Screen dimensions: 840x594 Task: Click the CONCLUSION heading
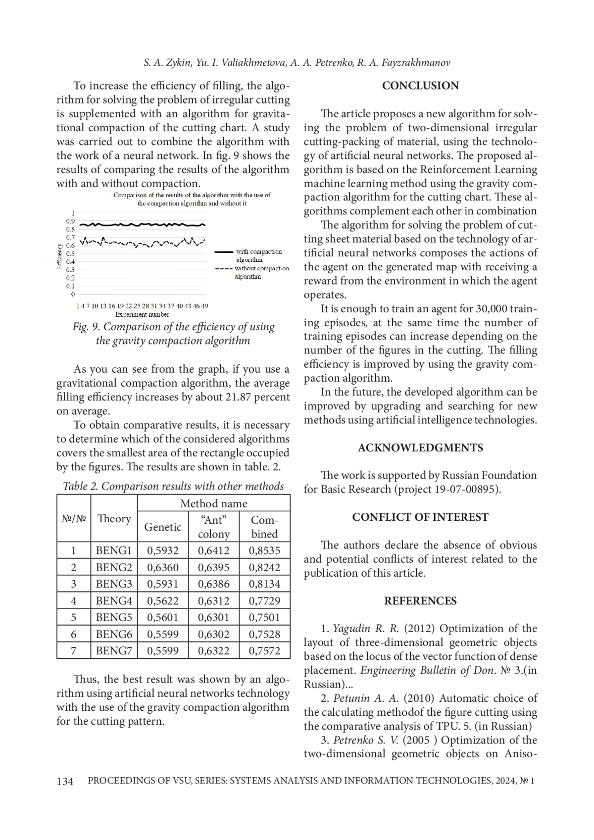(x=420, y=86)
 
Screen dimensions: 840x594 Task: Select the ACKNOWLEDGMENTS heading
(x=420, y=447)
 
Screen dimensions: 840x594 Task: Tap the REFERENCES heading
(x=420, y=601)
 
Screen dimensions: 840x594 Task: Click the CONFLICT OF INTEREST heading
(x=420, y=517)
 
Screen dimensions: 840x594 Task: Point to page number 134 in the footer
(x=65, y=781)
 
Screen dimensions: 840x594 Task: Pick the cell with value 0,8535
(x=264, y=550)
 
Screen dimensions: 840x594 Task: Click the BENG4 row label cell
(x=114, y=601)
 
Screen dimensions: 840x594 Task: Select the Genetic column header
(x=163, y=527)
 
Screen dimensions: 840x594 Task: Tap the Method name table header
(x=213, y=503)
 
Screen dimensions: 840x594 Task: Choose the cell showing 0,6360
(x=163, y=567)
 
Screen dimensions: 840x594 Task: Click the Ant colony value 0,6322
(x=213, y=651)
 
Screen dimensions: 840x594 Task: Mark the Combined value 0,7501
(x=264, y=618)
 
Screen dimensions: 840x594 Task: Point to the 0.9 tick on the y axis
(x=70, y=221)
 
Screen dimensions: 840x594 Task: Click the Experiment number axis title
(x=142, y=314)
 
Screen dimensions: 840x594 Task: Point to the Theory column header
(x=114, y=519)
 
